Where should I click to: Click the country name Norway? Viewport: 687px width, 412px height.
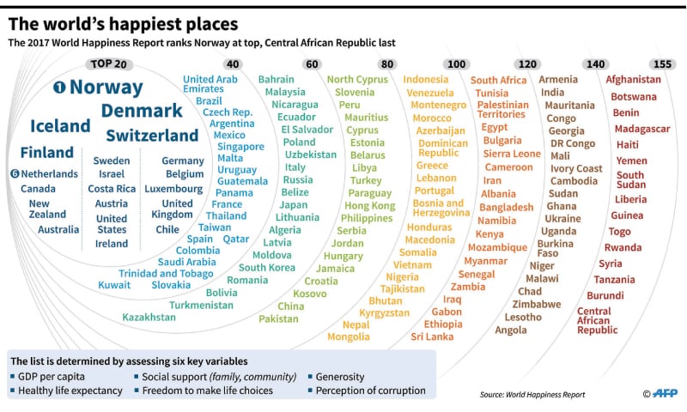click(106, 87)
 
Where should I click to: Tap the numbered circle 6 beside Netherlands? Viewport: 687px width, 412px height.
click(15, 173)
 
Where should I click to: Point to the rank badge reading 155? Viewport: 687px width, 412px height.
click(661, 64)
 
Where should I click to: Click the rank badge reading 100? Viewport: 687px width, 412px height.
click(457, 64)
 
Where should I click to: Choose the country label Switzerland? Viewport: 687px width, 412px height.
click(152, 136)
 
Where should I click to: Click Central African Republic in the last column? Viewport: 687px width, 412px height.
click(598, 320)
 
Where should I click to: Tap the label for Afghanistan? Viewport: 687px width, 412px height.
click(634, 80)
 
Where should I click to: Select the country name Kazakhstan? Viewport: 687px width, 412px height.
click(149, 317)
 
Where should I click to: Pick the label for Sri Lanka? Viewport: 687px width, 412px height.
click(432, 337)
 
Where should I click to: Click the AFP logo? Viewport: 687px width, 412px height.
click(659, 394)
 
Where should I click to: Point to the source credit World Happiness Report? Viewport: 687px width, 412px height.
click(532, 395)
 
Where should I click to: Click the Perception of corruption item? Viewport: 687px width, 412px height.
click(370, 391)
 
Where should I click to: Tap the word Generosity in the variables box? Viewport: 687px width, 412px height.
click(340, 376)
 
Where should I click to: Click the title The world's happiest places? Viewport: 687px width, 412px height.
click(124, 23)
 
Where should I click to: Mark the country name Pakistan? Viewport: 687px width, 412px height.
click(279, 319)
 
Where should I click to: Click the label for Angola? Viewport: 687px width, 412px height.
click(511, 330)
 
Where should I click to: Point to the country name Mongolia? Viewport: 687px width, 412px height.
click(349, 337)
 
